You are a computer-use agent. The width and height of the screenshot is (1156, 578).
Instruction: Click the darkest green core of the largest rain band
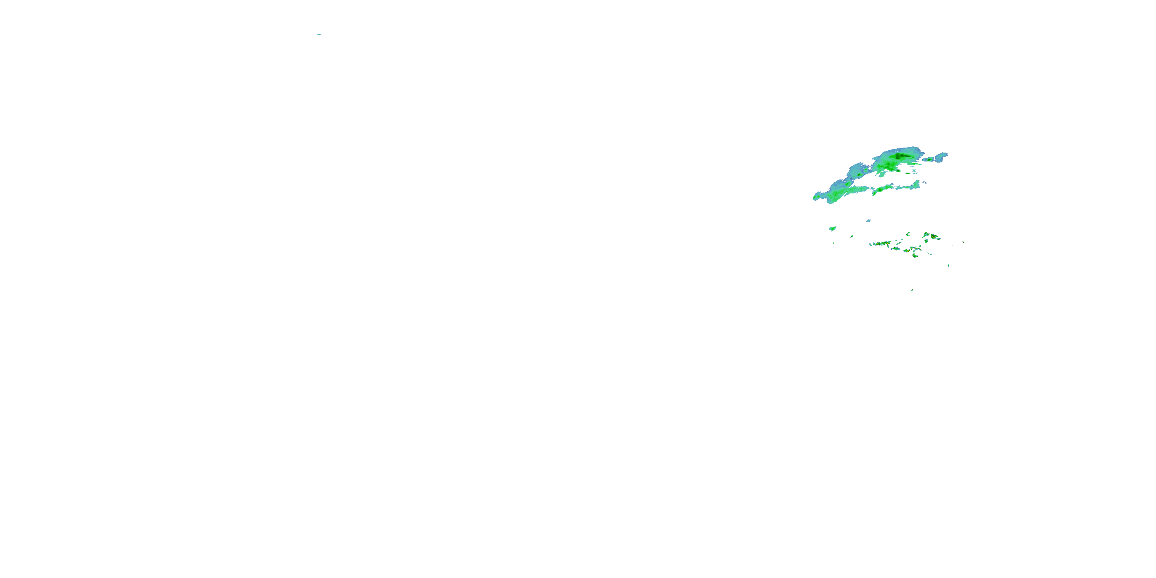pos(899,156)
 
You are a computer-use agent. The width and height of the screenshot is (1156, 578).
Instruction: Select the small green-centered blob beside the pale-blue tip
pos(929,160)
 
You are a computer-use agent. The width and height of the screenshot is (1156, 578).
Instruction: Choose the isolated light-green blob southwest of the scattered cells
pos(833,229)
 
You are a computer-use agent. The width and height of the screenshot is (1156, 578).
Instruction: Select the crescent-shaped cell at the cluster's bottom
pos(915,256)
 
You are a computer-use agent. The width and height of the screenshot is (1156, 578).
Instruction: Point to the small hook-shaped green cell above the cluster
pos(908,235)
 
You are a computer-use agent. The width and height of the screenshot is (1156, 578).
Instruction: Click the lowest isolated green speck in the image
pos(912,290)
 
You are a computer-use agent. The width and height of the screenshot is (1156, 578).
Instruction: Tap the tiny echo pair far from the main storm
pos(318,35)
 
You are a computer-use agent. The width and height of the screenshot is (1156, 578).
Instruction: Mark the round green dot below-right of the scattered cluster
pos(949,265)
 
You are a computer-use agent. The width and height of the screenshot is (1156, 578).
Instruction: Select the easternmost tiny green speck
pos(963,242)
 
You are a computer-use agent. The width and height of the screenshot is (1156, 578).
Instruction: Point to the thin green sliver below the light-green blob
pos(834,243)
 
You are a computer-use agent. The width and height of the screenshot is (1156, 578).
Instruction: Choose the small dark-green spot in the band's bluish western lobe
pos(859,175)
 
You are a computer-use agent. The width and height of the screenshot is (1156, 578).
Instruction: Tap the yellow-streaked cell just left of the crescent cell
pos(907,250)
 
